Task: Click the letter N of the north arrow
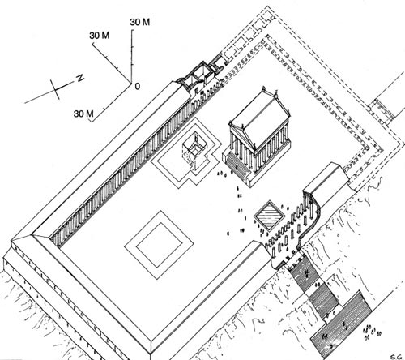80,78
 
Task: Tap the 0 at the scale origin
138,86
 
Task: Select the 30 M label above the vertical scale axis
140,22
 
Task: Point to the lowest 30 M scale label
83,114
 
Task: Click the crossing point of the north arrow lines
55,89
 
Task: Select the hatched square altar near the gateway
269,216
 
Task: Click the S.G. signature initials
397,357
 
